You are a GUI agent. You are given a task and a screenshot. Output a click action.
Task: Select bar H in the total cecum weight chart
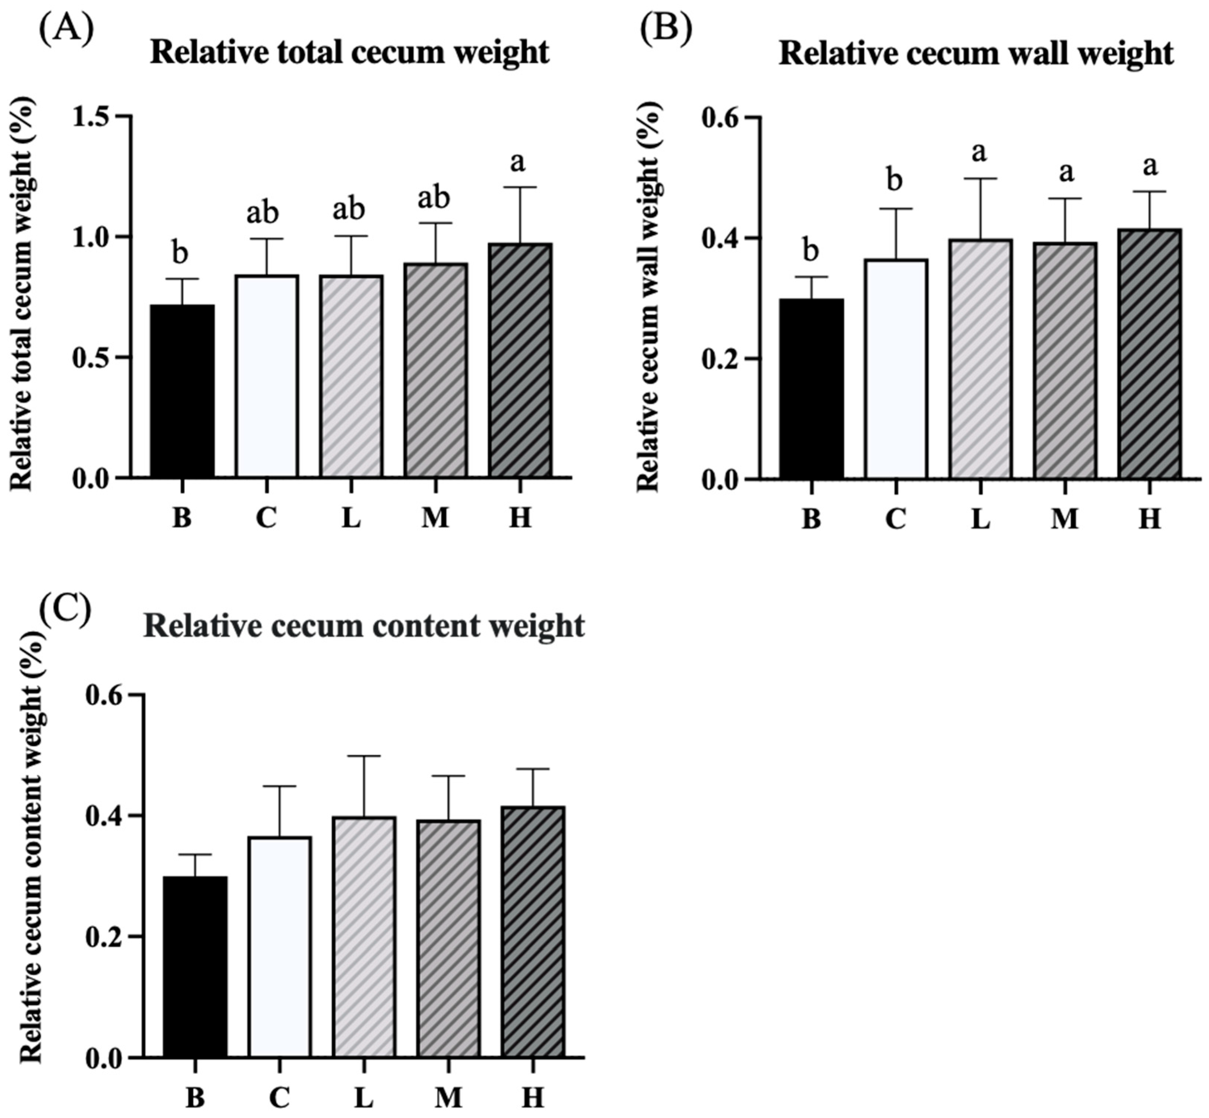(x=521, y=361)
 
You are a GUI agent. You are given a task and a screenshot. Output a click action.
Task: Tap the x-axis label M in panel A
(x=435, y=518)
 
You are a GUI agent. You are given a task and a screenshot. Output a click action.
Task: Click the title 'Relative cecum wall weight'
(x=976, y=54)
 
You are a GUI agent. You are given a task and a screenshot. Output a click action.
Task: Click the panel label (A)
(x=67, y=29)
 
